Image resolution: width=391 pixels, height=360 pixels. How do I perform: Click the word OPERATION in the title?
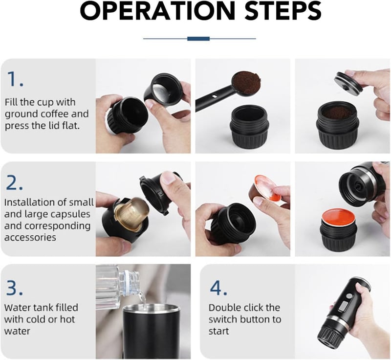[157, 11]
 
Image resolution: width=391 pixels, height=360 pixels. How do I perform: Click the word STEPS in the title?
[283, 11]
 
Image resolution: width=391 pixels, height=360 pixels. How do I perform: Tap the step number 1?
[15, 79]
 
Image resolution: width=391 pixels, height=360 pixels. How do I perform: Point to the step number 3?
[14, 288]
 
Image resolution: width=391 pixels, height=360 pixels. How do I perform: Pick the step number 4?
[218, 288]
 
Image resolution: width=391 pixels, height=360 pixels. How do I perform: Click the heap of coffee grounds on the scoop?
[247, 80]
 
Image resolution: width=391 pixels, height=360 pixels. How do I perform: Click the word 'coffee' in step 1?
[55, 114]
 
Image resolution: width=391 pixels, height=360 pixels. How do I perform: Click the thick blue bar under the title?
[198, 39]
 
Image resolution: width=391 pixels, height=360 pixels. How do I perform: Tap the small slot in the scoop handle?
[214, 96]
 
